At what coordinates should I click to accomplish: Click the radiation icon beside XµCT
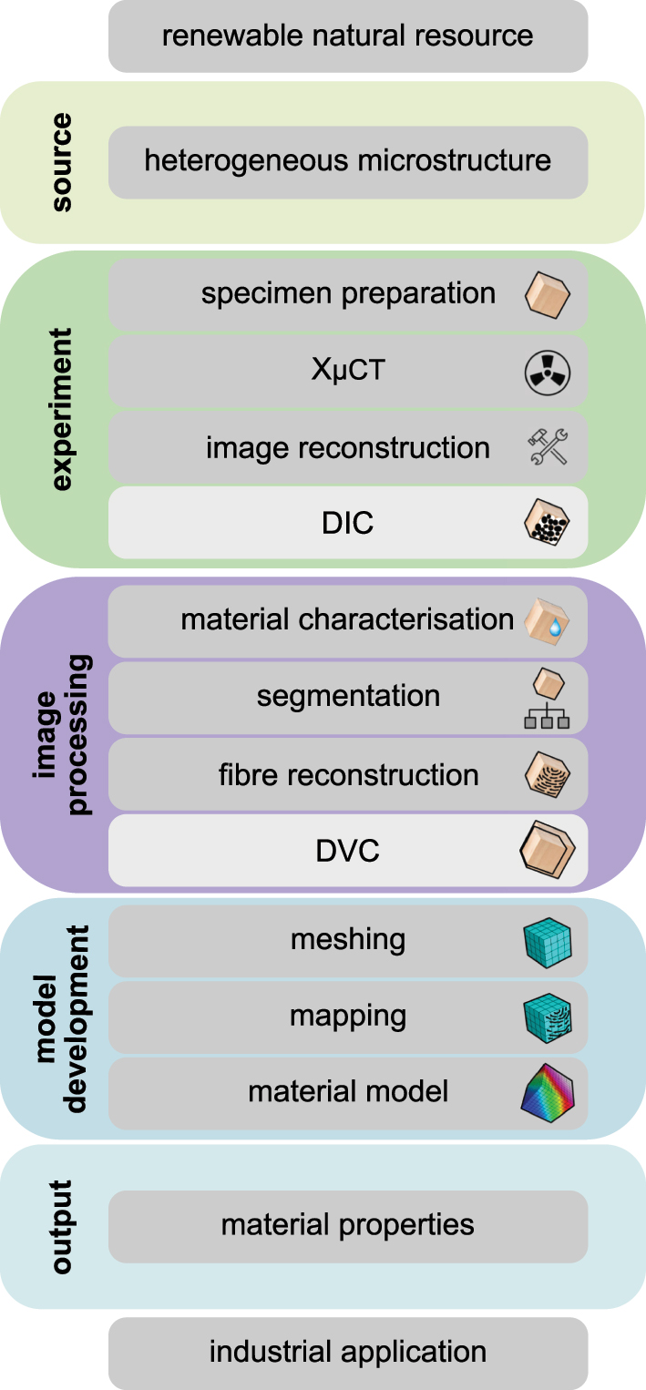point(548,372)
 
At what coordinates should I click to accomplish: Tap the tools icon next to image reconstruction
point(548,448)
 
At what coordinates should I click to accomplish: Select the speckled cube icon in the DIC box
point(548,523)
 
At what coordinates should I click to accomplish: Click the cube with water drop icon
point(548,620)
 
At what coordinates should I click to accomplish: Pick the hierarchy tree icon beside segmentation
point(548,698)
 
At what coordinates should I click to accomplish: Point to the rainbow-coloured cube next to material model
point(548,1091)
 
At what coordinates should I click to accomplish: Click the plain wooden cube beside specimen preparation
point(548,294)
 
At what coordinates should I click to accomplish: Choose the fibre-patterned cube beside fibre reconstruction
point(548,775)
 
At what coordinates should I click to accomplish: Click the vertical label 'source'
point(62,163)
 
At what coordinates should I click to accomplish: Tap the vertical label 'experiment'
point(62,409)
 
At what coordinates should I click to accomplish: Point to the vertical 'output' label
point(62,1226)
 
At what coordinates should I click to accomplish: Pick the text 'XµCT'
point(347,372)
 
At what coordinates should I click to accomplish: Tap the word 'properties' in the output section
point(416,1225)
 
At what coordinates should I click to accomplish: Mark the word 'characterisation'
point(415,620)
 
